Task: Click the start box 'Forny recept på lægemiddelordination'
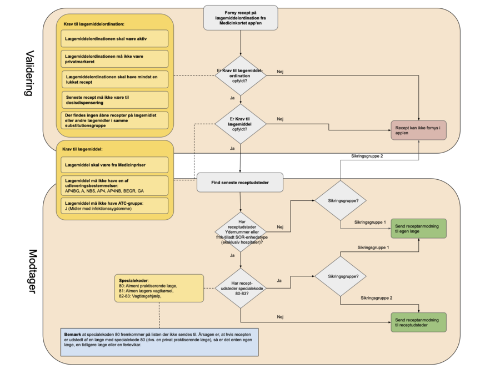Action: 241,18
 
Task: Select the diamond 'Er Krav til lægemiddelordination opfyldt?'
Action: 240,75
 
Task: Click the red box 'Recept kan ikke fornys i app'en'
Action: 418,130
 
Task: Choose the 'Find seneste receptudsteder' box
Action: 240,182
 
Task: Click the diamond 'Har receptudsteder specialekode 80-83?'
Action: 240,289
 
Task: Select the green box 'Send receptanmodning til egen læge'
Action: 418,228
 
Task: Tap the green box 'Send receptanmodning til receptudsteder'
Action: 418,322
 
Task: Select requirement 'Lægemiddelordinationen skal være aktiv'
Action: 115,38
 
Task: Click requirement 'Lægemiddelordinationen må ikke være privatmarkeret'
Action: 115,59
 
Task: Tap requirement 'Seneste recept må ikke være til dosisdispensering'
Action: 115,100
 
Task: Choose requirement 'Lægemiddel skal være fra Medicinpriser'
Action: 115,165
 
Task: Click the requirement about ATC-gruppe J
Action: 115,206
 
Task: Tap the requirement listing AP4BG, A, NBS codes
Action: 115,185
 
